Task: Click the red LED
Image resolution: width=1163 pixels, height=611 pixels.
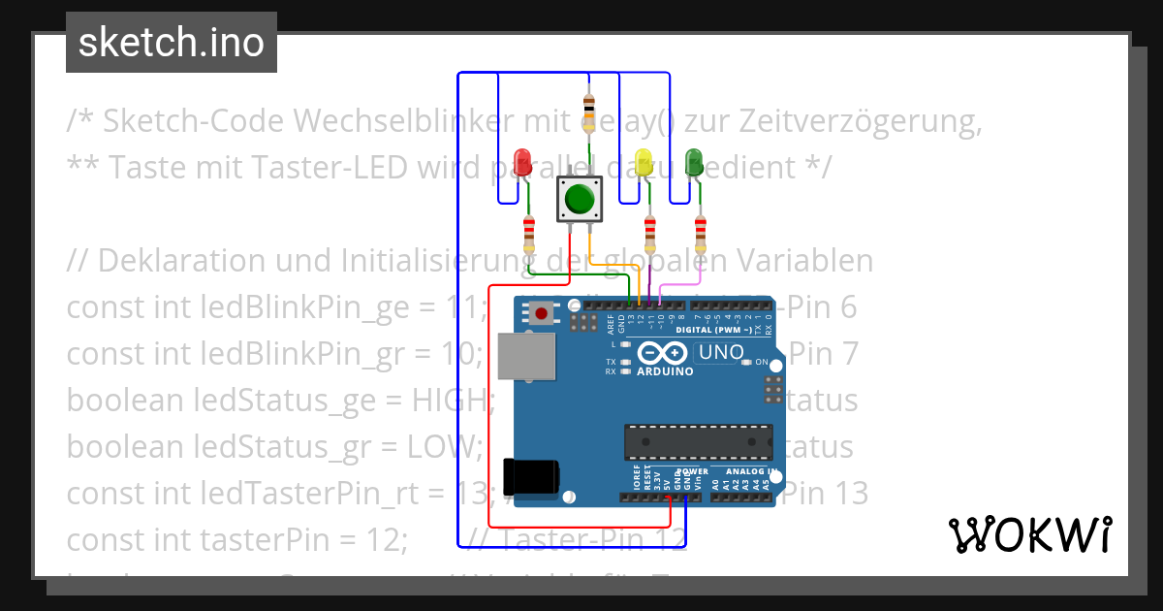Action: pos(523,161)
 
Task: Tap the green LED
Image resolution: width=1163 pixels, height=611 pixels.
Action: pos(694,161)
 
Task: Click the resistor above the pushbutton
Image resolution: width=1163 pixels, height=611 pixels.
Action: pos(587,106)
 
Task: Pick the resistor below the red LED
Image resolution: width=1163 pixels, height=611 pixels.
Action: pos(528,234)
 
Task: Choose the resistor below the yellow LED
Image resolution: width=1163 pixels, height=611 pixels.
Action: pos(649,234)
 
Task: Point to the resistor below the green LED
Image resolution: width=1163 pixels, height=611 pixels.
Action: pos(701,234)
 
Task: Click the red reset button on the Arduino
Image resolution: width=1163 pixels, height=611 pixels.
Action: pos(540,313)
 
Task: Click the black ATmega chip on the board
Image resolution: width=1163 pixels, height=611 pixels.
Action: pos(698,440)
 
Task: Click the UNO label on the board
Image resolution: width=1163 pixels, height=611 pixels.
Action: pos(721,352)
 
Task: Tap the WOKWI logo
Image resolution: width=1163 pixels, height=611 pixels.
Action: pos(1029,534)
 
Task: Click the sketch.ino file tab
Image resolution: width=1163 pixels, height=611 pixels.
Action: pos(172,43)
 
